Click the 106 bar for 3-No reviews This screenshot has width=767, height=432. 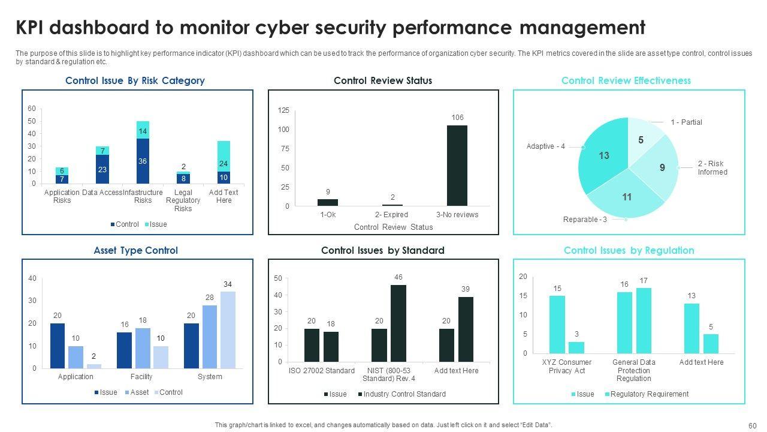(x=457, y=166)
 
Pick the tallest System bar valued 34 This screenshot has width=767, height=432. (x=228, y=330)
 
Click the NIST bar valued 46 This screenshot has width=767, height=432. (x=398, y=323)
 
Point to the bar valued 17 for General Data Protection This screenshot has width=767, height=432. (x=644, y=320)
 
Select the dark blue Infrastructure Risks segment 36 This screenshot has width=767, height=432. (x=143, y=161)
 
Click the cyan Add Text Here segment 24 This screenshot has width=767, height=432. (x=224, y=156)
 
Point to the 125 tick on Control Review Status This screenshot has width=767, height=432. (x=283, y=110)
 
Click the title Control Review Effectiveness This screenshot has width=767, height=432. (x=626, y=80)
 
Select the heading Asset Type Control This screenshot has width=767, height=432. (x=135, y=250)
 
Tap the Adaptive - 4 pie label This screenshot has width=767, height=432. (x=545, y=146)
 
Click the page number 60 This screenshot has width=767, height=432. (x=753, y=425)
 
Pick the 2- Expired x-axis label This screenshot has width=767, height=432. (x=391, y=215)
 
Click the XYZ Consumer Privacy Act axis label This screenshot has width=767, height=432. (x=566, y=366)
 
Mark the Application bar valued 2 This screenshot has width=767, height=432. (x=94, y=365)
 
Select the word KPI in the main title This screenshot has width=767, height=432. (x=37, y=28)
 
